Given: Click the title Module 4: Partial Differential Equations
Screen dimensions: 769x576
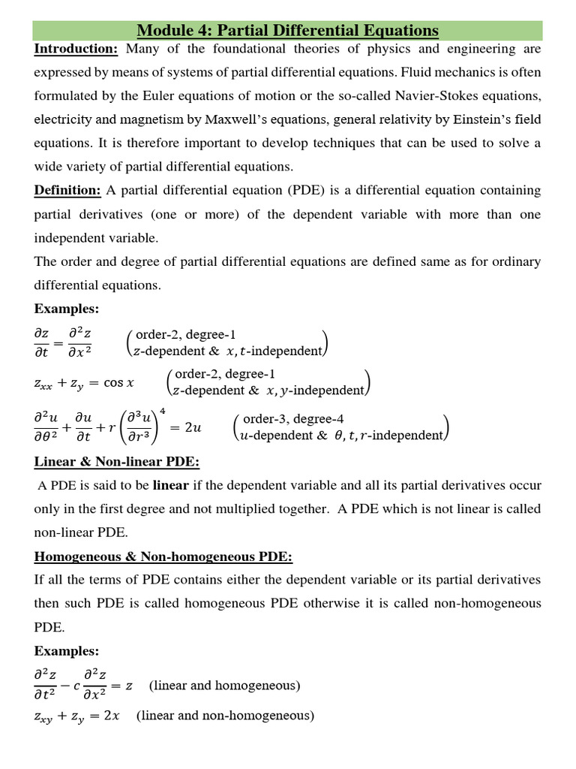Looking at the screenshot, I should coord(288,31).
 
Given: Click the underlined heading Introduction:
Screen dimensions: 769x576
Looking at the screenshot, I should coord(76,50).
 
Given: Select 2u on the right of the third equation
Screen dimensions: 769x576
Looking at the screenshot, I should coord(193,427).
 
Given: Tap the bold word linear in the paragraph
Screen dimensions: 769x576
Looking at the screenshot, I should coord(171,485).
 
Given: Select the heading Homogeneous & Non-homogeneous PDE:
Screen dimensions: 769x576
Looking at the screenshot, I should coord(163,556).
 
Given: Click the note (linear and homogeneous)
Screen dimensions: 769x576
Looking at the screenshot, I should coord(225,686).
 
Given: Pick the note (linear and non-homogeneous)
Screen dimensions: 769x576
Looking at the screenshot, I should coord(225,716).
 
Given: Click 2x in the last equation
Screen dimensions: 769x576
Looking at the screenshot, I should coord(111,716).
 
